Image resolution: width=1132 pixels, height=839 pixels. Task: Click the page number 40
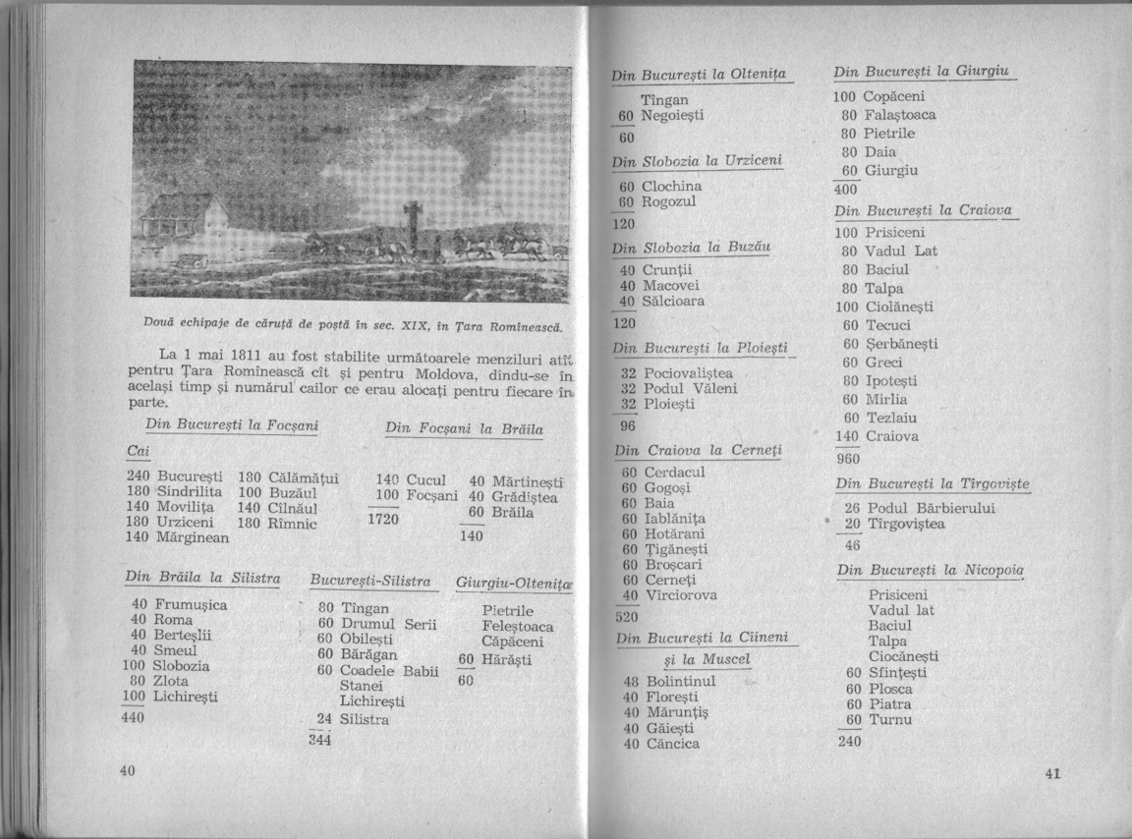[x=127, y=771]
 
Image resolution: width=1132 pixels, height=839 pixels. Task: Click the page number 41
[x=1052, y=773]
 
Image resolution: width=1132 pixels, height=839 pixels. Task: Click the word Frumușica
[x=191, y=605]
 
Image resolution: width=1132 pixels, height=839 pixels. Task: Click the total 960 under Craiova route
[x=848, y=458]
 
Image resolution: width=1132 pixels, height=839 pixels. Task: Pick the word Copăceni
[x=895, y=97]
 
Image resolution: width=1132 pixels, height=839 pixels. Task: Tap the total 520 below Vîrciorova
[x=626, y=617]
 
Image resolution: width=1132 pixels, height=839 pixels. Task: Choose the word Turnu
[x=891, y=720]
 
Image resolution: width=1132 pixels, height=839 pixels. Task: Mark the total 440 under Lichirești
[x=133, y=717]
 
